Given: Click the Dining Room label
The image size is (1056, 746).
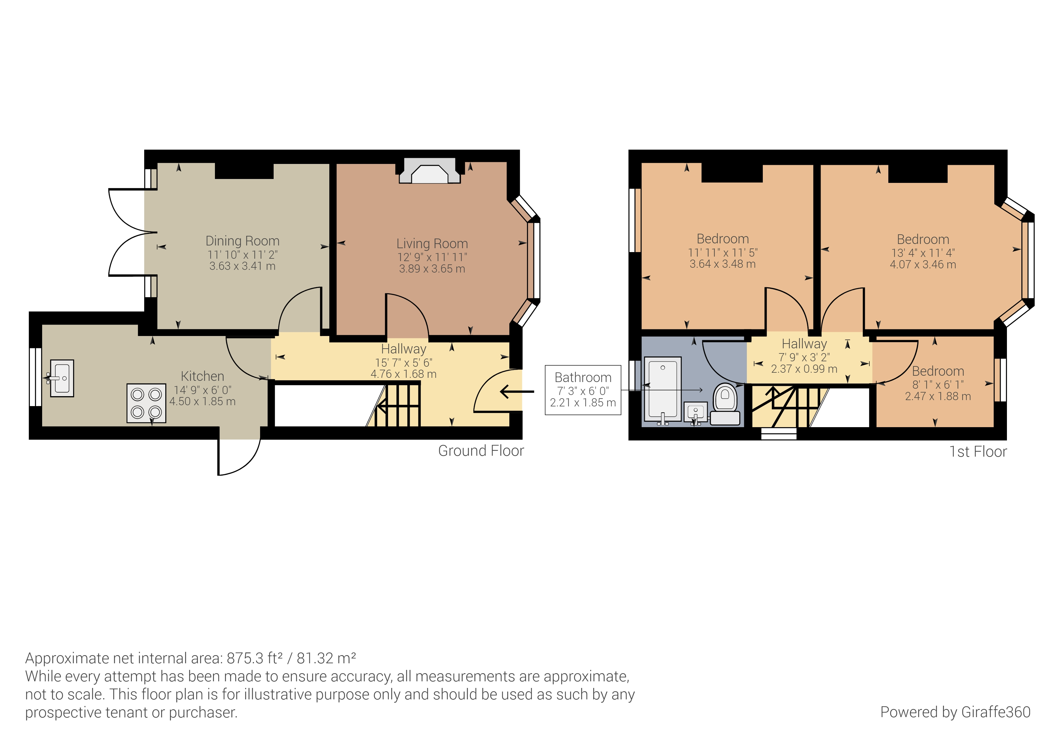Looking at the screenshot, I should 242,241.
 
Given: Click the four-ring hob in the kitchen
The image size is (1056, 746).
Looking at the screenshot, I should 146,403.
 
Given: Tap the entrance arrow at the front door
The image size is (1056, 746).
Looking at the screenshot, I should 517,392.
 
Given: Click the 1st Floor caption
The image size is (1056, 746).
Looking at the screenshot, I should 978,452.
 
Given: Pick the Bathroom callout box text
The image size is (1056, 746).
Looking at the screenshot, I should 583,378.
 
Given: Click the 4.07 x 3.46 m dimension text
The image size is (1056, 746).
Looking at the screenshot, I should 923,265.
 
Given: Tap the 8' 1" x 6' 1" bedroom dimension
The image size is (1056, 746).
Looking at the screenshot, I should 938,385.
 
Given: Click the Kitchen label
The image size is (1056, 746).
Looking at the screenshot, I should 202,376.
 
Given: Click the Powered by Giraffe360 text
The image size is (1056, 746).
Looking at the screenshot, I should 955,712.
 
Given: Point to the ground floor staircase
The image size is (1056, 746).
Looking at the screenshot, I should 398,406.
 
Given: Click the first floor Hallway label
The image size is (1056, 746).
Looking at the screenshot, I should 804,344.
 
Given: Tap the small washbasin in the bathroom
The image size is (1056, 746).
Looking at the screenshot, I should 695,413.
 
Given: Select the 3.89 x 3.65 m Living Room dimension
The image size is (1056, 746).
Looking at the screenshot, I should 432,269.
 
